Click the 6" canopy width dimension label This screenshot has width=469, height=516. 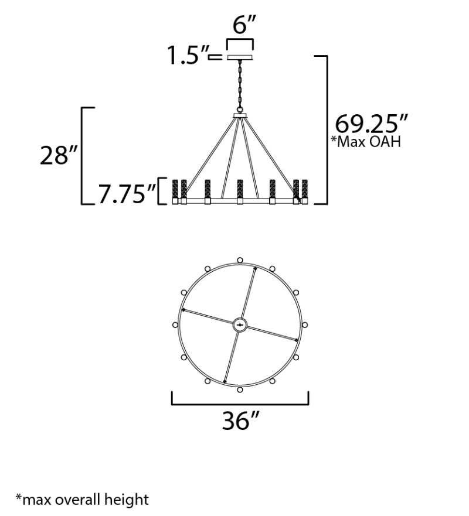click(244, 25)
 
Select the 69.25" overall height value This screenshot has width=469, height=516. click(371, 124)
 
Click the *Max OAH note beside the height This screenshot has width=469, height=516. click(366, 142)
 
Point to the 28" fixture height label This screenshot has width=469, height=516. click(59, 155)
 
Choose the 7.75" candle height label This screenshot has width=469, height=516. click(127, 194)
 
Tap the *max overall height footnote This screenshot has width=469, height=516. click(82, 499)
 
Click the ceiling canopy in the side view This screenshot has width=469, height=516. click(240, 57)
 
